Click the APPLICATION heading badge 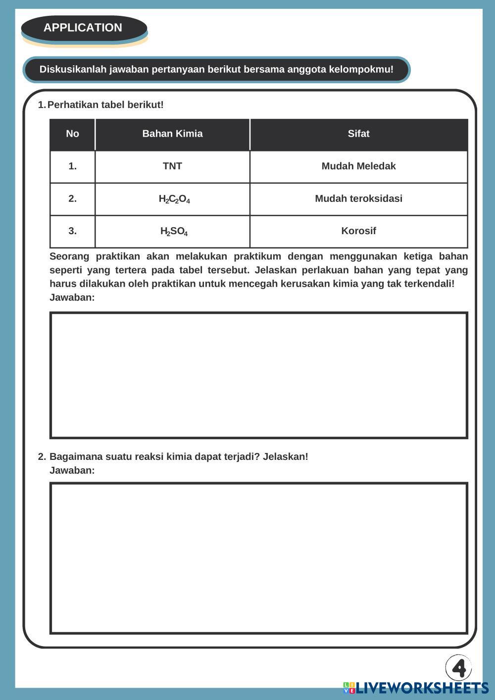pyautogui.click(x=83, y=28)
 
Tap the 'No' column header pyautogui.click(x=72, y=134)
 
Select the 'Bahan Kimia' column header pyautogui.click(x=172, y=134)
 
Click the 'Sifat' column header pyautogui.click(x=358, y=134)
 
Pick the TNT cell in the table pyautogui.click(x=172, y=166)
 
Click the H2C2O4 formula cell pyautogui.click(x=174, y=199)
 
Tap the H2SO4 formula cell pyautogui.click(x=174, y=231)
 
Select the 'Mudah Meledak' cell pyautogui.click(x=358, y=166)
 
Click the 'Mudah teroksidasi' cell pyautogui.click(x=358, y=199)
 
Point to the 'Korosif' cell pyautogui.click(x=358, y=231)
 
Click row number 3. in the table pyautogui.click(x=72, y=231)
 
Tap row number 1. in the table pyautogui.click(x=72, y=166)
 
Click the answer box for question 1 pyautogui.click(x=258, y=375)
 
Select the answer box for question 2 pyautogui.click(x=258, y=558)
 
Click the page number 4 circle pyautogui.click(x=458, y=668)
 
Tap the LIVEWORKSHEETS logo pyautogui.click(x=416, y=688)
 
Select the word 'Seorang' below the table pyautogui.click(x=69, y=256)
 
